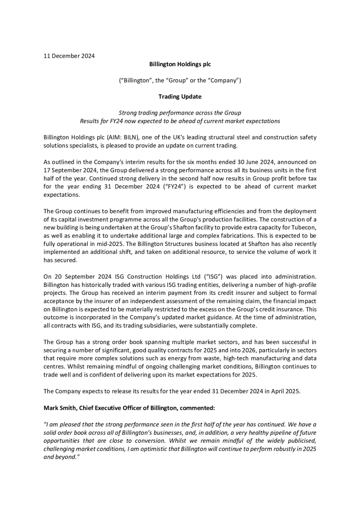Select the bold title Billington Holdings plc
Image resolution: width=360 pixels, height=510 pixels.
coord(180,64)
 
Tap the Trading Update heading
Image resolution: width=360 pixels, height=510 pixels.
coord(180,96)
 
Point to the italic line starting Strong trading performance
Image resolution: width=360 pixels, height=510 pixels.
coord(180,113)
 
